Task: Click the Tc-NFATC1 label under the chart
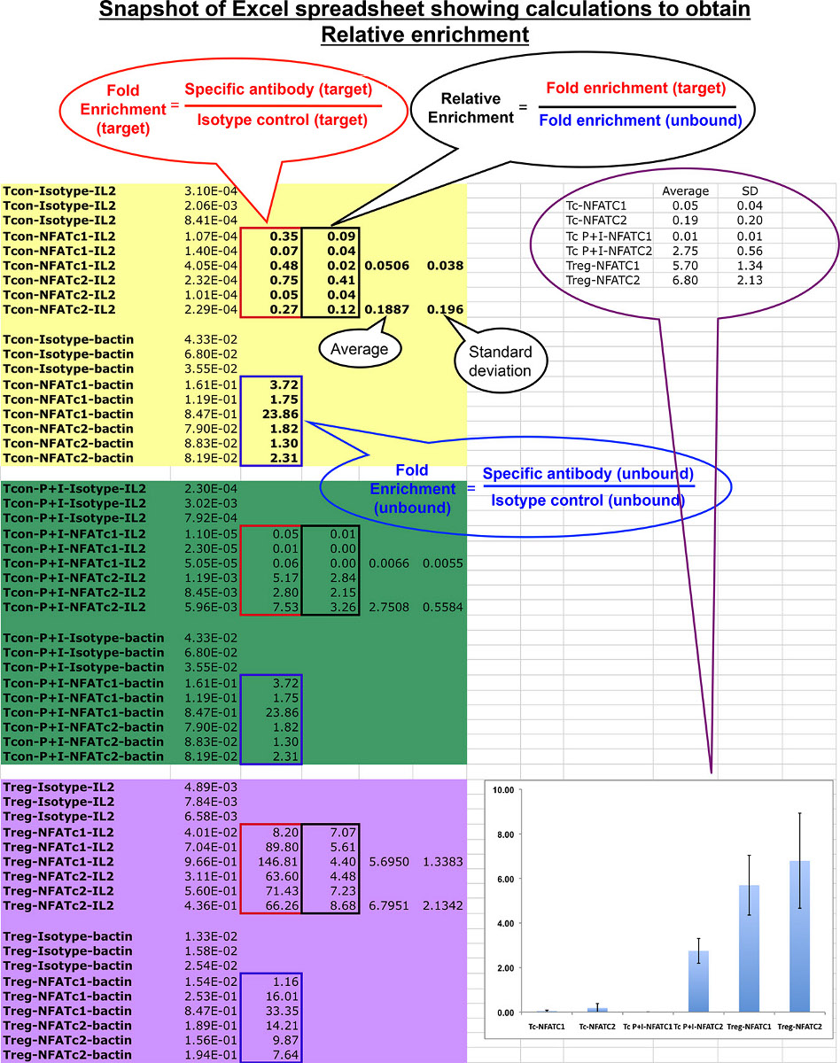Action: tap(548, 1026)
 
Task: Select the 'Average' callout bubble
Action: tap(359, 349)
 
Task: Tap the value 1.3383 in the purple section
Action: tap(441, 861)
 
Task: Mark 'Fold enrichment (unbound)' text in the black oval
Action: tap(640, 120)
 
